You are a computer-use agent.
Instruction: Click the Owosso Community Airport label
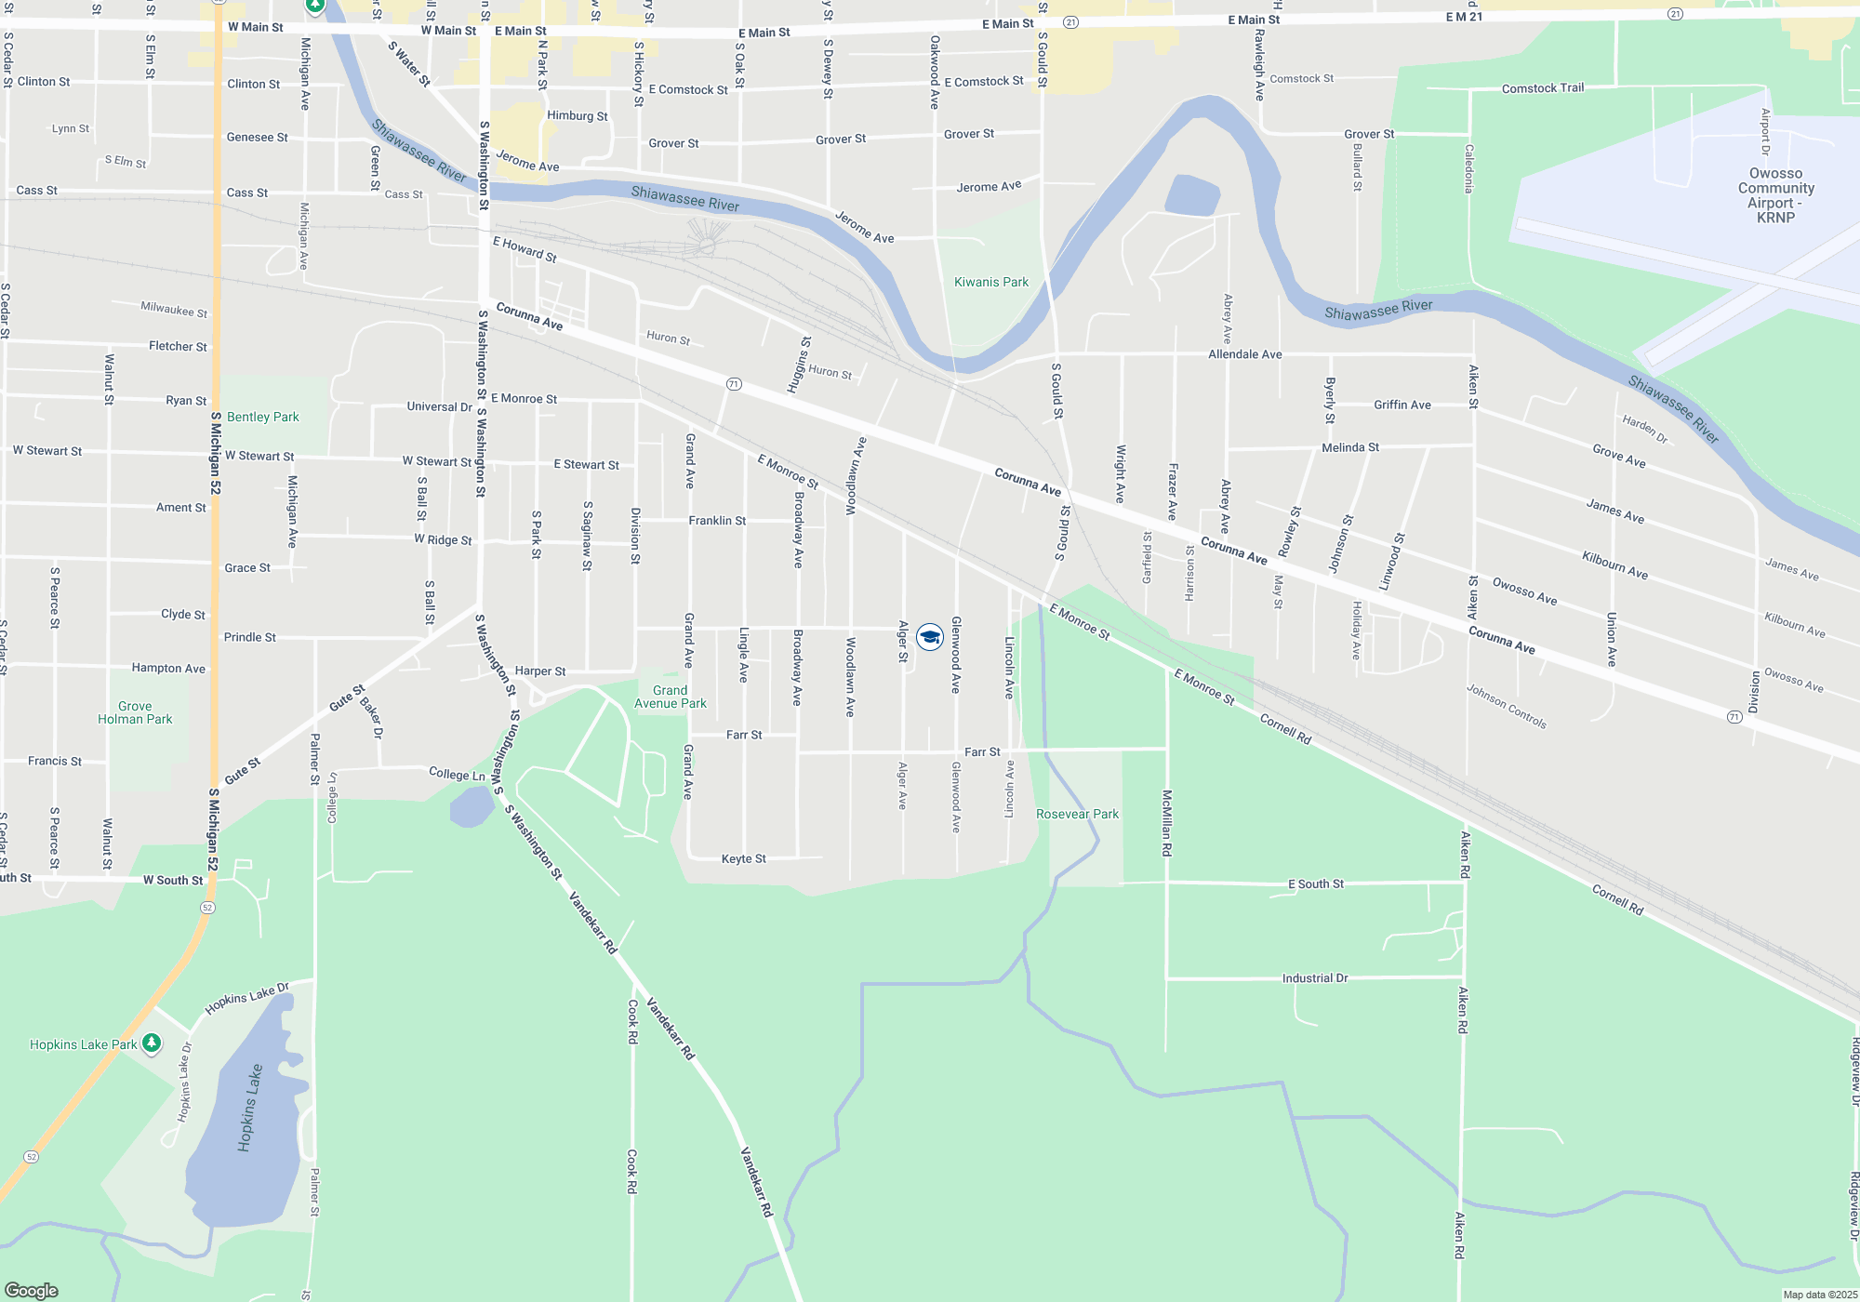point(1775,195)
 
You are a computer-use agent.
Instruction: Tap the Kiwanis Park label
point(991,282)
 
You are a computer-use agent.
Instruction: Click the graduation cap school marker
point(930,637)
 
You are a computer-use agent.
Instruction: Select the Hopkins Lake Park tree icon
point(152,1043)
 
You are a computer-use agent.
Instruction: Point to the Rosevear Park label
point(1077,814)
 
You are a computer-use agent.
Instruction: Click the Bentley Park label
point(263,417)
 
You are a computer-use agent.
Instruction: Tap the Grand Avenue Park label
point(670,697)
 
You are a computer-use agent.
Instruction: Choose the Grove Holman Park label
point(135,712)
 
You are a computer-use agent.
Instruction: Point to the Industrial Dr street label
point(1314,978)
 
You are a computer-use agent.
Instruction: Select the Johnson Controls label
point(1507,707)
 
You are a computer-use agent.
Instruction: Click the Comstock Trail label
point(1542,88)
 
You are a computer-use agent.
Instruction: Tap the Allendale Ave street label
point(1244,354)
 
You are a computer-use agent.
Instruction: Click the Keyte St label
point(743,858)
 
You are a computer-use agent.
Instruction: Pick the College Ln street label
point(457,774)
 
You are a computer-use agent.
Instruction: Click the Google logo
point(32,1291)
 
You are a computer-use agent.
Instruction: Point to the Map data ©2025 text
point(1819,1295)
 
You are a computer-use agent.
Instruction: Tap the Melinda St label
point(1349,447)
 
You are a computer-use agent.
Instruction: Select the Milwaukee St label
point(174,309)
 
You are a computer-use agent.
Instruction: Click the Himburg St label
point(577,116)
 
